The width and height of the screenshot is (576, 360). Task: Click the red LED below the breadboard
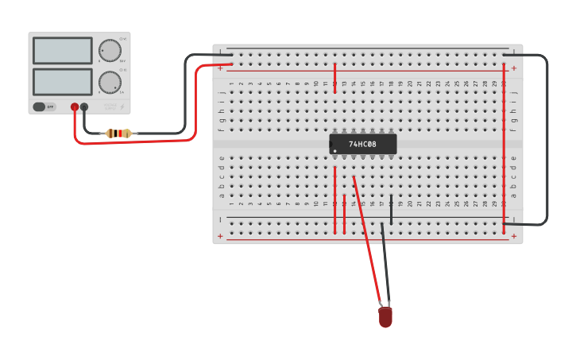385,317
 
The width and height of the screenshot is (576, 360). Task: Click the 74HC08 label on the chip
362,145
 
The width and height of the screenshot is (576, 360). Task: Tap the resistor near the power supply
118,134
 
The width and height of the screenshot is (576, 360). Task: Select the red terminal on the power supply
75,106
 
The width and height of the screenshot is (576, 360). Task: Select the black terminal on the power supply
84,106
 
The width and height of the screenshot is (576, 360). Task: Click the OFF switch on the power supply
44,106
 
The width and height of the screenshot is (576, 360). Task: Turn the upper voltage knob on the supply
110,51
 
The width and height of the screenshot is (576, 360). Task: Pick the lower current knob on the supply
110,82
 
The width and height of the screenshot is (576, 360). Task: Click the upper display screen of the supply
63,51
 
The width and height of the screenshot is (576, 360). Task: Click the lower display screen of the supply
63,81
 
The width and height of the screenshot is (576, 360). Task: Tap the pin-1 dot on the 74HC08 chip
335,150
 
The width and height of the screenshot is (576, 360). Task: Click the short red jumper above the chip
334,78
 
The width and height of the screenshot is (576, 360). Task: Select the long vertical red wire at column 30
504,143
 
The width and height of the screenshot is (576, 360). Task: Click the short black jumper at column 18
391,209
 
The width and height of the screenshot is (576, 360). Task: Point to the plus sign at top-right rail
514,68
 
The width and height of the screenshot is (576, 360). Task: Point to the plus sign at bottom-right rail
514,236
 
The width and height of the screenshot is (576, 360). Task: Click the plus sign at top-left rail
221,68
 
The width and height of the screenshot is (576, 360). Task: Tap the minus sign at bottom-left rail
221,219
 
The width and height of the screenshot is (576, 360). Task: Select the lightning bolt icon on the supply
122,106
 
